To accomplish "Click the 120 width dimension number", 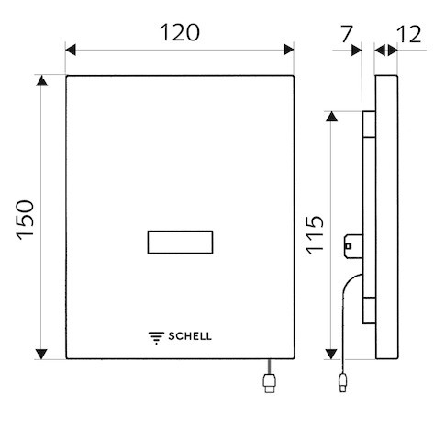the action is click(x=180, y=32).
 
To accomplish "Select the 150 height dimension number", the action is click(x=26, y=220).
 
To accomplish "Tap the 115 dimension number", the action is click(x=315, y=235).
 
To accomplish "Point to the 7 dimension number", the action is click(x=347, y=34).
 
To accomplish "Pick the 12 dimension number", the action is click(x=409, y=34).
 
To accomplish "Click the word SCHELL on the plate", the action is click(x=190, y=336).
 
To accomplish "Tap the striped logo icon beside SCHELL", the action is click(x=156, y=338).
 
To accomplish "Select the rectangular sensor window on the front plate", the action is click(x=180, y=243).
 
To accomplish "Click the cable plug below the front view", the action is click(x=269, y=383).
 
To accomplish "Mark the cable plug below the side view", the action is click(x=343, y=382).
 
